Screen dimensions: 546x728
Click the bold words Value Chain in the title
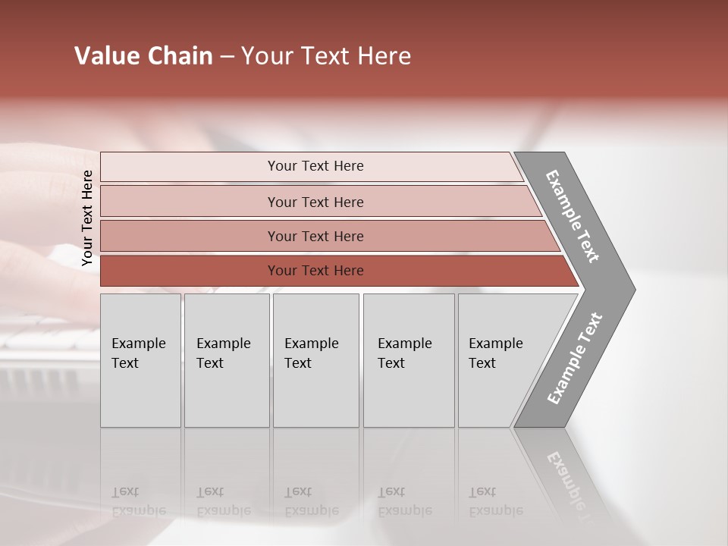[x=143, y=56]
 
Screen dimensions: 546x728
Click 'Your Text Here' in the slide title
[x=326, y=56]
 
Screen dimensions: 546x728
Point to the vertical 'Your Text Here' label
[x=87, y=218]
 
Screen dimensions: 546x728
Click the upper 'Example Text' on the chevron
[x=573, y=216]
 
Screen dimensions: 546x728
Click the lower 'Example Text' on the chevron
[x=575, y=359]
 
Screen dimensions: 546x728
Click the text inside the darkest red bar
[x=315, y=271]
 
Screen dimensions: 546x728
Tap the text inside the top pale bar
[x=315, y=166]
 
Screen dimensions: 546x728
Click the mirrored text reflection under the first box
[x=138, y=501]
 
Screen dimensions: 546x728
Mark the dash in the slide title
[x=227, y=57]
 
